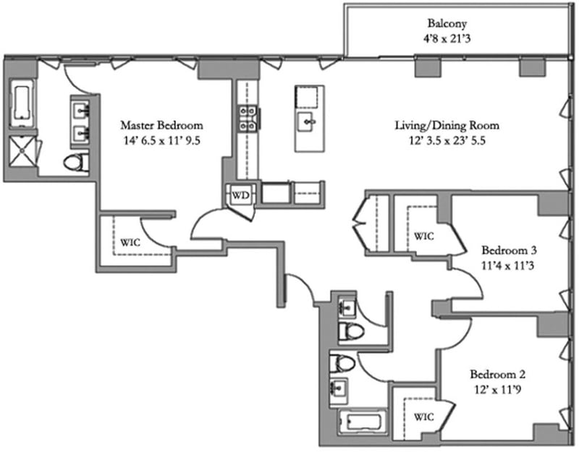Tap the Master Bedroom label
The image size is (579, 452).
coord(161,124)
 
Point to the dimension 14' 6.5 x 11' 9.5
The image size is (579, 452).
coord(161,141)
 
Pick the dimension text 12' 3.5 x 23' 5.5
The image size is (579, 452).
coord(447,142)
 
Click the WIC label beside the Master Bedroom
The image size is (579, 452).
coord(130,242)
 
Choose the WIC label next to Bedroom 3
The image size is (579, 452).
coord(423,236)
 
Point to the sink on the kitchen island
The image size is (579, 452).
coord(309,121)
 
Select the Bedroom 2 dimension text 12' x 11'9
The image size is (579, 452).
coord(497,390)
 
